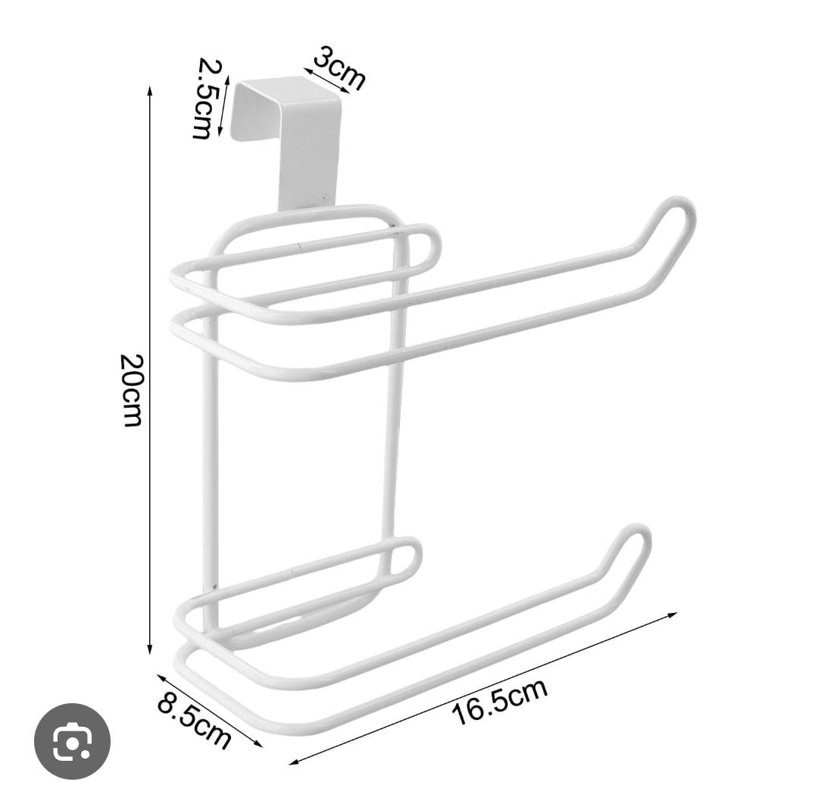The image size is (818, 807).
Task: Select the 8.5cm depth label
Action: click(194, 722)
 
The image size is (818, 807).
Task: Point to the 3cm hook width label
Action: click(339, 68)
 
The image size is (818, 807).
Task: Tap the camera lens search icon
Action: click(72, 741)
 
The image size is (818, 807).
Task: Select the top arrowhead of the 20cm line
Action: click(150, 90)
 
